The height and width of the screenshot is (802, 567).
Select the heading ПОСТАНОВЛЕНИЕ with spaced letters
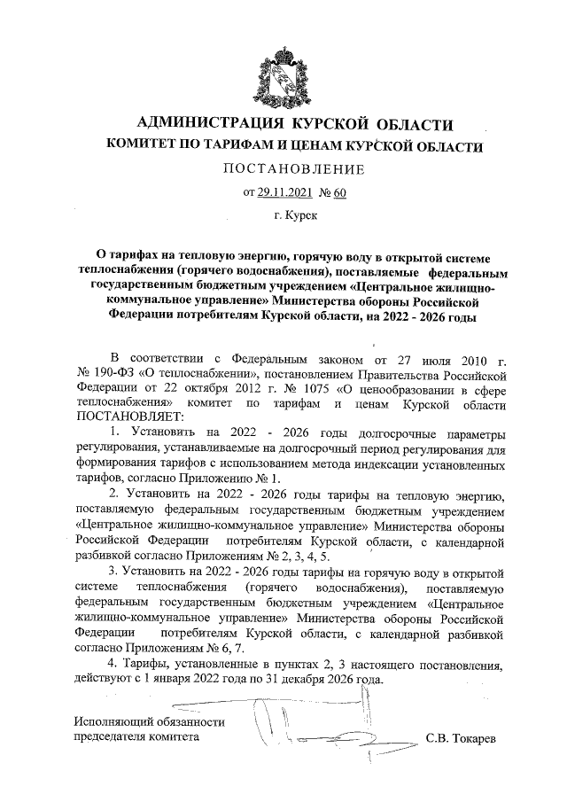[x=283, y=169]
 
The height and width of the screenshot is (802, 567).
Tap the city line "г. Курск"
[x=283, y=214]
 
